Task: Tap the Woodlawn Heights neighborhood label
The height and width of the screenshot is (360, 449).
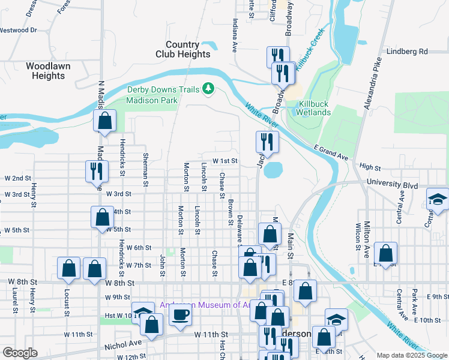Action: tap(46, 71)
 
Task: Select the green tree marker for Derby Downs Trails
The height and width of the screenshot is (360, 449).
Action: tap(208, 89)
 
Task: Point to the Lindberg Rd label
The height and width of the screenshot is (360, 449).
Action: tap(407, 52)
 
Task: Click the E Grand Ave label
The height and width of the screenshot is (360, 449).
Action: tap(331, 152)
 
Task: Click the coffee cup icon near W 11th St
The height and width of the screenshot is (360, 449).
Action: tap(181, 315)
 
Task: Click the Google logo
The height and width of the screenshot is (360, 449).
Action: tap(20, 353)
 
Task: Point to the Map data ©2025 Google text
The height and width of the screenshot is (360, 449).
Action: tap(411, 355)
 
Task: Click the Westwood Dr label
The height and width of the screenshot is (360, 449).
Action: tap(19, 29)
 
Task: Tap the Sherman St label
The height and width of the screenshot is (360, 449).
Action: tap(145, 165)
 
